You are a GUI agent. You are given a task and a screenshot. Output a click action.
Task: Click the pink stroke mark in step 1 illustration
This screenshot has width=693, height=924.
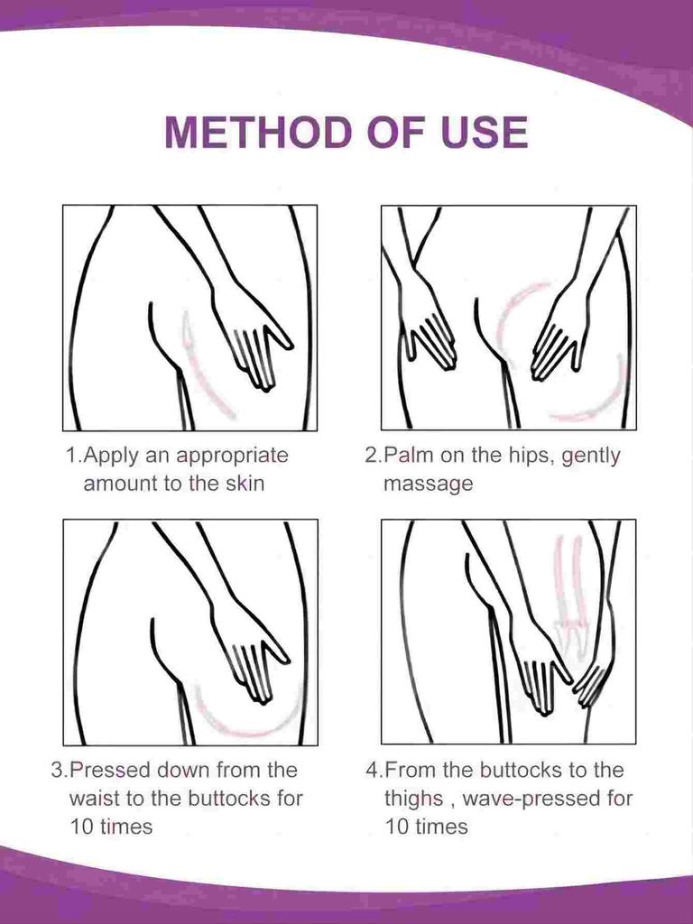(x=205, y=370)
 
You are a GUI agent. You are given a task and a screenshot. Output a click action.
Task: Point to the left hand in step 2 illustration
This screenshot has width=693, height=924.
(x=428, y=325)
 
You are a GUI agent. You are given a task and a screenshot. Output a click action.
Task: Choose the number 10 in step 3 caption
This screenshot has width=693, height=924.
(x=84, y=827)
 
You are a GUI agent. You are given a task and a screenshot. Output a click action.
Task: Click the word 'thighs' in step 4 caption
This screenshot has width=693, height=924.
(x=413, y=799)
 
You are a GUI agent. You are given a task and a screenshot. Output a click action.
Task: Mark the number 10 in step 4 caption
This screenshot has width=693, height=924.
(x=399, y=827)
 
